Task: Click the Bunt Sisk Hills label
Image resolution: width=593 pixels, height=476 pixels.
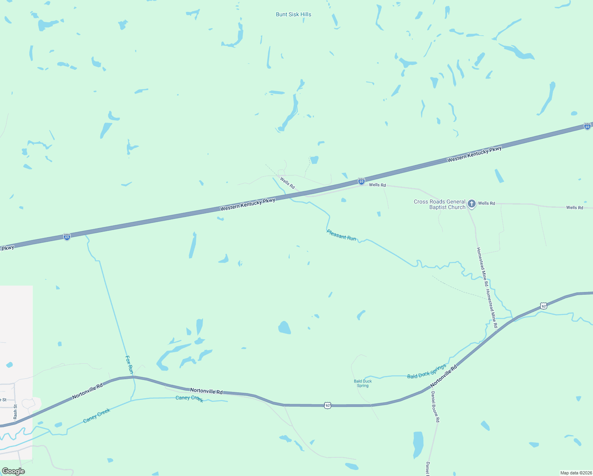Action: pyautogui.click(x=293, y=14)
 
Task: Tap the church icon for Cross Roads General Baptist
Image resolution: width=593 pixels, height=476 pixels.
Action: pyautogui.click(x=471, y=204)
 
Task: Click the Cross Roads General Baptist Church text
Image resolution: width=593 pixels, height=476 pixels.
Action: pyautogui.click(x=439, y=204)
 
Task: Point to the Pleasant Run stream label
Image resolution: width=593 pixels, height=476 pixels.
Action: pyautogui.click(x=341, y=235)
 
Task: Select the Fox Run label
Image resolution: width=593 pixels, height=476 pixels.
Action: pyautogui.click(x=129, y=364)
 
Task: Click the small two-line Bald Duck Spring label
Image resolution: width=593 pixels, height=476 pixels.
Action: pyautogui.click(x=363, y=383)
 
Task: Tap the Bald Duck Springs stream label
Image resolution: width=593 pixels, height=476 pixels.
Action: pyautogui.click(x=427, y=372)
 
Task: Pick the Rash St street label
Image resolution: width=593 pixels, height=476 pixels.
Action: pyautogui.click(x=15, y=412)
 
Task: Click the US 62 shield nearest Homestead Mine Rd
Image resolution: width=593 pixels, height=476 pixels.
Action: pyautogui.click(x=543, y=306)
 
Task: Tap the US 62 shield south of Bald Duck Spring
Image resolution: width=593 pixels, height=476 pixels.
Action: pyautogui.click(x=327, y=405)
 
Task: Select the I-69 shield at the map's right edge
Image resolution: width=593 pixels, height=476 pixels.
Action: pyautogui.click(x=587, y=126)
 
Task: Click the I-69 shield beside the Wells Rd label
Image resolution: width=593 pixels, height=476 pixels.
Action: pyautogui.click(x=361, y=181)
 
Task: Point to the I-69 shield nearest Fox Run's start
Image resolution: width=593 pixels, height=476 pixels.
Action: pyautogui.click(x=67, y=237)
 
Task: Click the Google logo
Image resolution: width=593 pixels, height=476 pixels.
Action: pyautogui.click(x=13, y=471)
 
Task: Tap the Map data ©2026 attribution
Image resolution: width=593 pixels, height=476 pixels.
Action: pyautogui.click(x=576, y=473)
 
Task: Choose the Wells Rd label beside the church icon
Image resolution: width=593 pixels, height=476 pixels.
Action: pyautogui.click(x=486, y=203)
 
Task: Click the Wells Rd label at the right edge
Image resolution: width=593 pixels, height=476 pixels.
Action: pyautogui.click(x=574, y=207)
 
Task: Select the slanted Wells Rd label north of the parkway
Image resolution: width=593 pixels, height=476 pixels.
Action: pyautogui.click(x=287, y=183)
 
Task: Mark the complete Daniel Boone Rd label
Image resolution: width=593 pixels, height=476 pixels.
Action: pyautogui.click(x=435, y=407)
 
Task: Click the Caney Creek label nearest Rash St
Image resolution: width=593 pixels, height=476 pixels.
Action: pyautogui.click(x=97, y=415)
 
